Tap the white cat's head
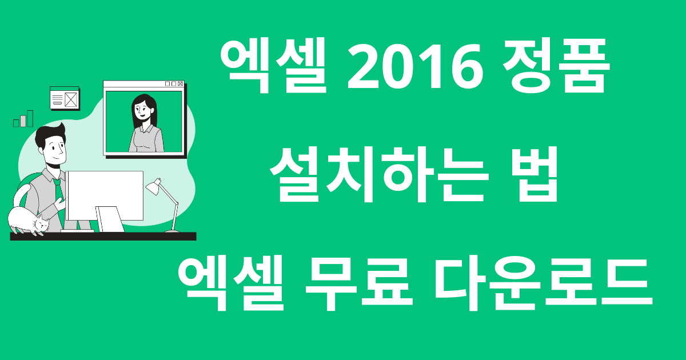(x=41, y=224)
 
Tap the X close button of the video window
(x=180, y=84)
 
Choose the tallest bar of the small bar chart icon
(x=30, y=118)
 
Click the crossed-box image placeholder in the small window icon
(x=71, y=100)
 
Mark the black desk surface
(x=103, y=236)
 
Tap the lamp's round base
(x=171, y=231)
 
